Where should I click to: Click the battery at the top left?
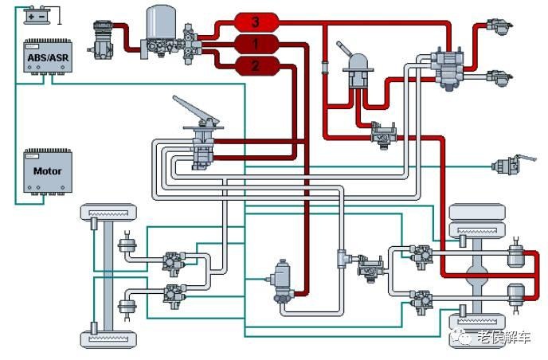coord(37,15)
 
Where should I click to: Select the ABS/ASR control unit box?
coord(48,57)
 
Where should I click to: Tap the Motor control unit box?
coord(48,171)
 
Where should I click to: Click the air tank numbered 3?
coord(256,22)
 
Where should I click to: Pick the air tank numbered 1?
coord(256,44)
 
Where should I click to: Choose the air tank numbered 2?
coord(256,65)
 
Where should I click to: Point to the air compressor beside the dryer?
coord(101,39)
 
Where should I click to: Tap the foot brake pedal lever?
coord(196,110)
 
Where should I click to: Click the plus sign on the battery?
coord(31,17)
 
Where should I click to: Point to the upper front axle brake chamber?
coord(127,244)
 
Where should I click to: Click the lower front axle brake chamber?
coord(127,307)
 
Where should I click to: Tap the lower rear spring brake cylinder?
coord(516,295)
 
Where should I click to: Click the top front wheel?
coord(108,212)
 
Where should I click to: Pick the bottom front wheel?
coord(108,339)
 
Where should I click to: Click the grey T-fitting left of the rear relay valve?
coord(344,258)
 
